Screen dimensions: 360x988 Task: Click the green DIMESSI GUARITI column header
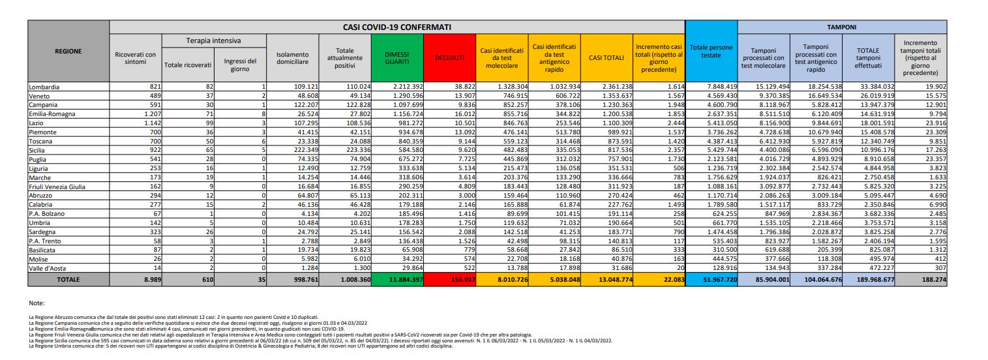pos(397,58)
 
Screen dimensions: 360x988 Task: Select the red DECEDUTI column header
pos(449,58)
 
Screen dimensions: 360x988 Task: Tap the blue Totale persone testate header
pos(711,52)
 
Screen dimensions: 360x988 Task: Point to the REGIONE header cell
pos(68,52)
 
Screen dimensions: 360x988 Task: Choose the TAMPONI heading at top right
pos(842,27)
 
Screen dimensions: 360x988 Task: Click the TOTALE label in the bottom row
pos(68,279)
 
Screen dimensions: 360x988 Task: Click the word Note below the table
pos(37,303)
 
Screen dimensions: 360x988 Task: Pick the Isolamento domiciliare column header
pos(292,58)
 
